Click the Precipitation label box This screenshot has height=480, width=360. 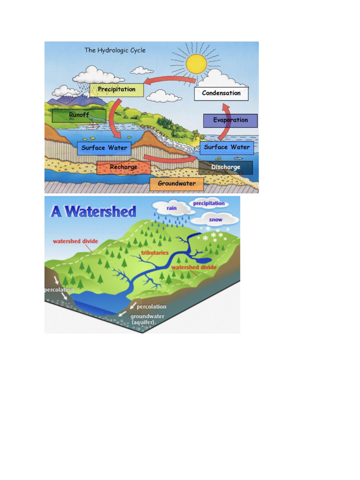pos(116,90)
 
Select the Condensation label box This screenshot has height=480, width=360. pos(221,93)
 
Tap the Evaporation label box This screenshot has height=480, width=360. pos(230,120)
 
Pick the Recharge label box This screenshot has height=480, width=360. pos(124,167)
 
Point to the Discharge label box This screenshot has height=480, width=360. pos(225,167)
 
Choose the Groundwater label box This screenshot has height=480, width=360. pos(177,184)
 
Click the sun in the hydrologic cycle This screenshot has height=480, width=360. pos(196,63)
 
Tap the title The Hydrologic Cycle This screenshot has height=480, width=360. pos(115,50)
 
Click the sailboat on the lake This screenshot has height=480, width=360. pos(93,125)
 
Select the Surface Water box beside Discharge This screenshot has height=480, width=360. pos(227,147)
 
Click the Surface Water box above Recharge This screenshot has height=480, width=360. pos(104,148)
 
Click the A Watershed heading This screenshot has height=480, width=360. pos(93,211)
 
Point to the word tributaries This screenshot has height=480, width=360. pos(155,253)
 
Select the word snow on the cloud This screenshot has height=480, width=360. pos(216,219)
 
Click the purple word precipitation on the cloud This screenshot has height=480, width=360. pos(209,203)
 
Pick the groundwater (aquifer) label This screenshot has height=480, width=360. pos(147,319)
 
